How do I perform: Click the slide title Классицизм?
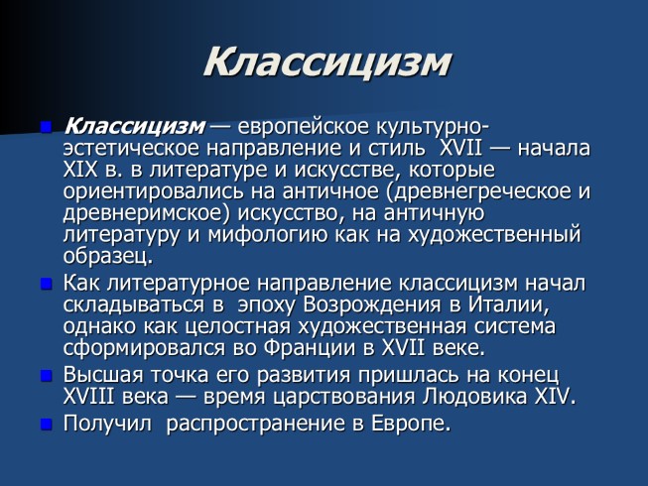(x=326, y=62)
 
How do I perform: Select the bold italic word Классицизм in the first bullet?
(x=134, y=126)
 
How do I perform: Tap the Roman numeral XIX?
(x=80, y=170)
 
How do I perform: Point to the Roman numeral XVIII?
(x=88, y=397)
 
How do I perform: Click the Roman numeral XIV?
(x=552, y=397)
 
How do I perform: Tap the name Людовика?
(x=475, y=397)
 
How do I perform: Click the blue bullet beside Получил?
(x=47, y=425)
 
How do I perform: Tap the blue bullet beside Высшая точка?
(x=47, y=376)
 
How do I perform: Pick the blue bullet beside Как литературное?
(x=47, y=284)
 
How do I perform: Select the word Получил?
(x=108, y=425)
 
